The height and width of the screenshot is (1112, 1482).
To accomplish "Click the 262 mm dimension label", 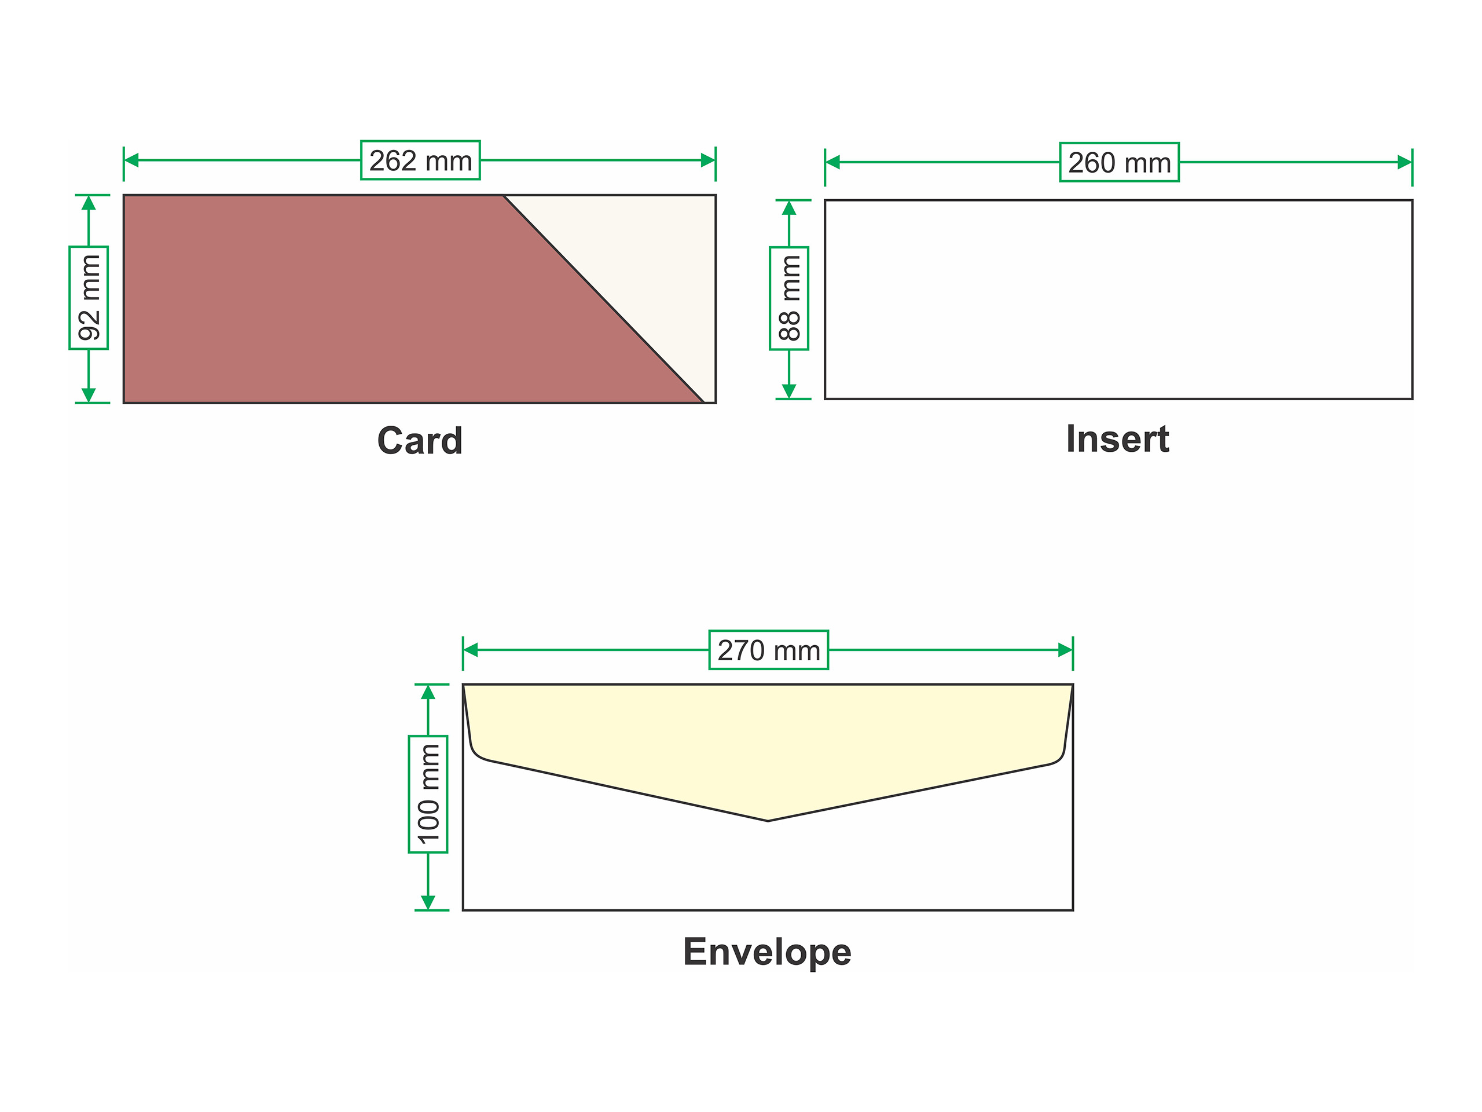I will pos(420,160).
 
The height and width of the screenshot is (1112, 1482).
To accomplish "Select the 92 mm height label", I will pos(89,298).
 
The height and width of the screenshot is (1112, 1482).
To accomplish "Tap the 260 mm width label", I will pos(1119,162).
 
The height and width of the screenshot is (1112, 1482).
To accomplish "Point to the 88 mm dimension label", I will pos(788,298).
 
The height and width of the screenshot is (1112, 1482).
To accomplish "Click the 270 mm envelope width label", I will pos(768,649).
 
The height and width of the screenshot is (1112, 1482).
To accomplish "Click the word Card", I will pos(420,441).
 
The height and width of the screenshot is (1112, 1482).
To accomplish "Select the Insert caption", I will pos(1117,440).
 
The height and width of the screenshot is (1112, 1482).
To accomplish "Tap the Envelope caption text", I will pos(767,952).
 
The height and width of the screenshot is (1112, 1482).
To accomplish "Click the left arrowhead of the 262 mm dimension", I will pos(131,160).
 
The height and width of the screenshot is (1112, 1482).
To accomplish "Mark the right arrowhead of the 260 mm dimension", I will pos(1404,162).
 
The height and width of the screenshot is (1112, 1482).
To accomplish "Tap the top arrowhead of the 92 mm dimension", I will pos(89,203).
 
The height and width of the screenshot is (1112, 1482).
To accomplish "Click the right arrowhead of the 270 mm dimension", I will pos(1065,649).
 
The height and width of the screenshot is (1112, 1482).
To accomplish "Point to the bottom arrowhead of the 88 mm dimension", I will pos(788,392).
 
